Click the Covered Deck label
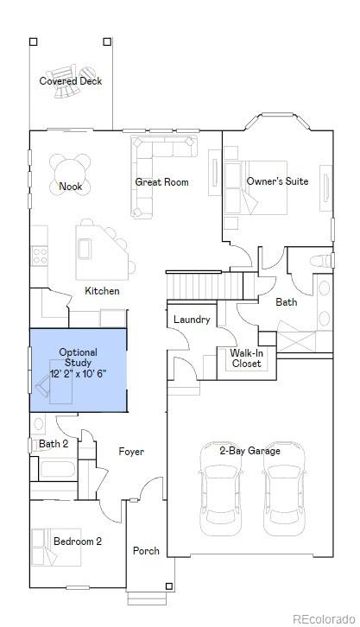(70, 81)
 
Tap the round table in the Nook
(70, 174)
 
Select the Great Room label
(161, 182)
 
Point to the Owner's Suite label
(277, 181)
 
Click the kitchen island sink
(85, 249)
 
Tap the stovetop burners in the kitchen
(40, 256)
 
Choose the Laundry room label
(192, 320)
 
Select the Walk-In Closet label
(247, 358)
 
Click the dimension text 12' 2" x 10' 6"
(79, 374)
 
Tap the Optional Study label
(79, 358)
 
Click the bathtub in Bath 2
(58, 470)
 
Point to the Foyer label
(131, 452)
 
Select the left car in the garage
(220, 489)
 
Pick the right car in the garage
(285, 489)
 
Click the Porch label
(146, 551)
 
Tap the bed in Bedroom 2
(56, 547)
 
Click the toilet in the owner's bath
(321, 261)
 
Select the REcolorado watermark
(324, 618)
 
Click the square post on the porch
(169, 586)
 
